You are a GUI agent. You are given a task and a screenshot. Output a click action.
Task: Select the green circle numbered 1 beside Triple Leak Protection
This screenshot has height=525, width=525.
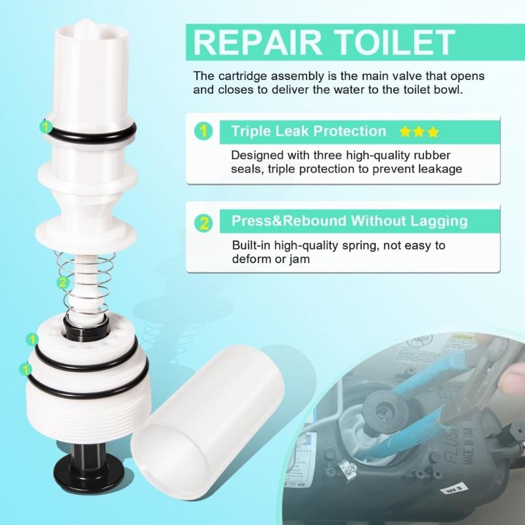(x=205, y=131)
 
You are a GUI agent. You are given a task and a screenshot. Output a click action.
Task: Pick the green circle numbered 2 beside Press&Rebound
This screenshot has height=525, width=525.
(x=205, y=221)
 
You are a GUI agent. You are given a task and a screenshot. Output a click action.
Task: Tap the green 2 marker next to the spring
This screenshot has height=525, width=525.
(x=62, y=283)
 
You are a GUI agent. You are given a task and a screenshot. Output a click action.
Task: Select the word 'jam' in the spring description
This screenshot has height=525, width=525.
(x=300, y=259)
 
